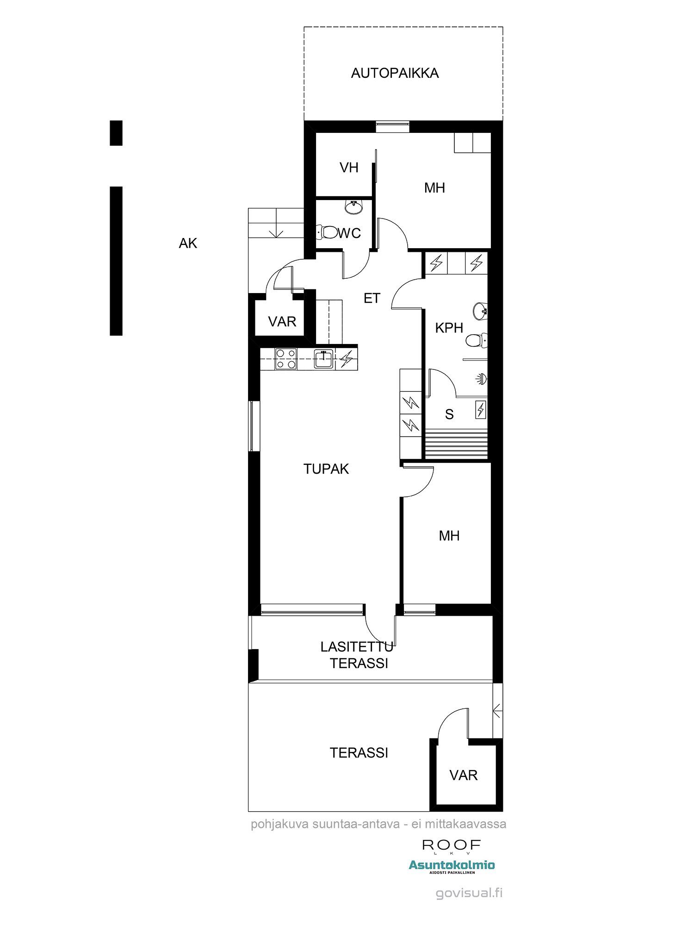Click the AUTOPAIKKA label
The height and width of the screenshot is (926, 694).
(395, 73)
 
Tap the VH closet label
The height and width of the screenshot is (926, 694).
(349, 168)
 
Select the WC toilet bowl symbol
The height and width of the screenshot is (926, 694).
(327, 231)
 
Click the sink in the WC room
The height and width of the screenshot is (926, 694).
(354, 206)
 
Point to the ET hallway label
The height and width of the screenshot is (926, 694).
(372, 299)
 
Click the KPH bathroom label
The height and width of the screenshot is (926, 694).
(449, 328)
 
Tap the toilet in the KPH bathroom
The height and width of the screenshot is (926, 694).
(477, 341)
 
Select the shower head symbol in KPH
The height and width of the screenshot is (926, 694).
(481, 379)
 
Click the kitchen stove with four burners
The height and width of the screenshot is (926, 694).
(286, 359)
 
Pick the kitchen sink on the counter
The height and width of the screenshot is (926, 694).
(324, 359)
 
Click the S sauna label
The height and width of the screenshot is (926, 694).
(449, 414)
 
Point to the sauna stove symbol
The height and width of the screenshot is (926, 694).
(481, 410)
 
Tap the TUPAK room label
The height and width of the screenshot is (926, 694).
(326, 469)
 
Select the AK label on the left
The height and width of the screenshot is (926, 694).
(188, 243)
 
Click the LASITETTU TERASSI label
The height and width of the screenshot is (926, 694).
(357, 655)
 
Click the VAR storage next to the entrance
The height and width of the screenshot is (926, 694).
(282, 321)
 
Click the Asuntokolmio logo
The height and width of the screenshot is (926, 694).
(452, 866)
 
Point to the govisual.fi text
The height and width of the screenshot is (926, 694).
(469, 893)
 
